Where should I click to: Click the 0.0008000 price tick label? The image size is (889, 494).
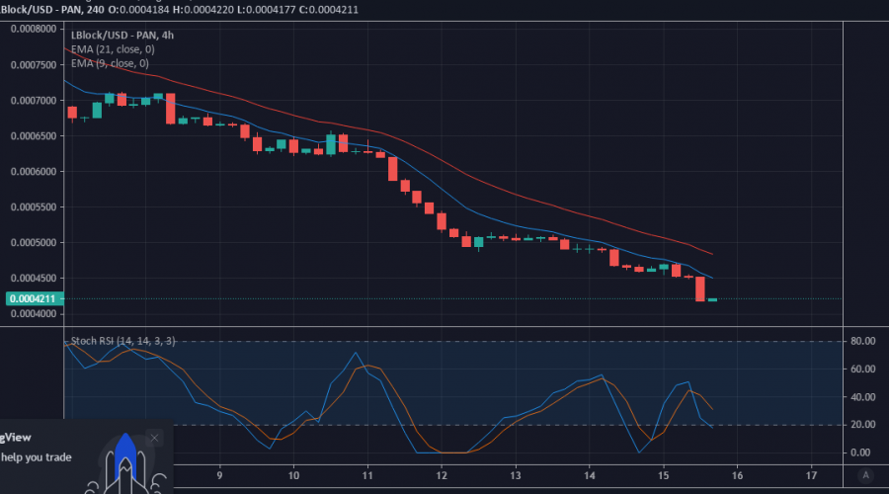tap(32, 29)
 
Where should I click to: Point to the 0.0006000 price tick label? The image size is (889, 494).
tap(32, 171)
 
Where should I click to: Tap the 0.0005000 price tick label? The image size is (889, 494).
tap(32, 242)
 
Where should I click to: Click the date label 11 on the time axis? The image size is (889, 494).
tap(367, 474)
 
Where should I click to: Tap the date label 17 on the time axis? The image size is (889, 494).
tap(811, 474)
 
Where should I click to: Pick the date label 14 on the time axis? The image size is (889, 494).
tap(589, 474)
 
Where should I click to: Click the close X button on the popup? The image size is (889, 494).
tap(154, 437)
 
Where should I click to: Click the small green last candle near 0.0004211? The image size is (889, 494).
tap(712, 298)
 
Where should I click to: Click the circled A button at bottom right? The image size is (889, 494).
tap(866, 475)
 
